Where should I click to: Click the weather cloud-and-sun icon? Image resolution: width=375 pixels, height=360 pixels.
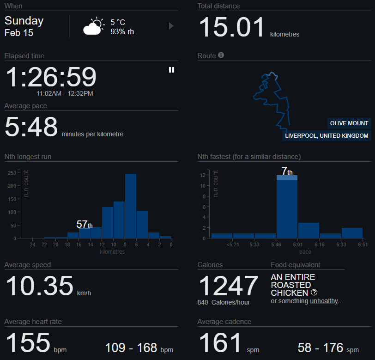pos(94,27)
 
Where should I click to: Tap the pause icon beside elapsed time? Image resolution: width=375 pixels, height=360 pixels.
pos(171,70)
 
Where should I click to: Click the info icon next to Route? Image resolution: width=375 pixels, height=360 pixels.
pos(221,55)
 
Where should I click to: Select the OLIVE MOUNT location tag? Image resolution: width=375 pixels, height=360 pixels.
pos(349,123)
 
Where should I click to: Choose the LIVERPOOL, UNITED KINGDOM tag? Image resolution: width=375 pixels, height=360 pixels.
pos(327,136)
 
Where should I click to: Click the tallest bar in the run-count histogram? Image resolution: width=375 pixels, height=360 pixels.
pos(131,206)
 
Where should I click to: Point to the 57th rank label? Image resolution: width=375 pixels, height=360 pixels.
pos(84,225)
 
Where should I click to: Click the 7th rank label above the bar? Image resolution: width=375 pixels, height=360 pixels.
pos(287,171)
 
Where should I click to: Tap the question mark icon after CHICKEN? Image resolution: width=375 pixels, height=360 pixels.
pos(314,293)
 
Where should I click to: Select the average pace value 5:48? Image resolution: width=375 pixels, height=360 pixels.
pos(31,127)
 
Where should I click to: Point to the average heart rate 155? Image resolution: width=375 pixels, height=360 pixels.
pos(27,342)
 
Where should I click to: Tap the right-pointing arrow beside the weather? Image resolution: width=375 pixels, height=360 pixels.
pos(171,26)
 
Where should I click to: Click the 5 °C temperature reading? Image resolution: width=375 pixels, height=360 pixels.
pos(118,22)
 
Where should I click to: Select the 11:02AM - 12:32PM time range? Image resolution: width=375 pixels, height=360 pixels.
pos(65,93)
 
